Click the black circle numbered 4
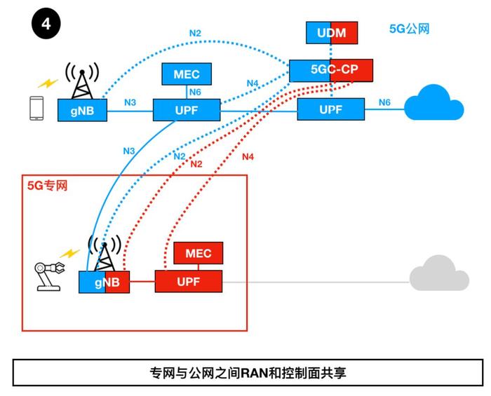pyautogui.click(x=46, y=24)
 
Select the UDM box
pyautogui.click(x=332, y=32)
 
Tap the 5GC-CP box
pyautogui.click(x=331, y=70)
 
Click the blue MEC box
pyautogui.click(x=187, y=74)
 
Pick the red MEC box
pyautogui.click(x=199, y=253)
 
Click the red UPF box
pyautogui.click(x=189, y=282)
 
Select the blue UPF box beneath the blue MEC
pyautogui.click(x=187, y=110)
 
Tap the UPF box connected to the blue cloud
pyautogui.click(x=330, y=109)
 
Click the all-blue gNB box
pyautogui.click(x=82, y=110)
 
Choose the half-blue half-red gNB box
pyautogui.click(x=104, y=282)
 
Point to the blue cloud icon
pyautogui.click(x=434, y=102)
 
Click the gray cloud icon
pyautogui.click(x=439, y=273)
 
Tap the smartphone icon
pyautogui.click(x=36, y=108)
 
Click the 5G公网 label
pyautogui.click(x=409, y=29)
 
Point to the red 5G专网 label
pyautogui.click(x=47, y=186)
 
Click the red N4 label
pyautogui.click(x=248, y=157)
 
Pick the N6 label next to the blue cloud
pyautogui.click(x=384, y=102)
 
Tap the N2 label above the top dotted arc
pyautogui.click(x=195, y=33)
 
